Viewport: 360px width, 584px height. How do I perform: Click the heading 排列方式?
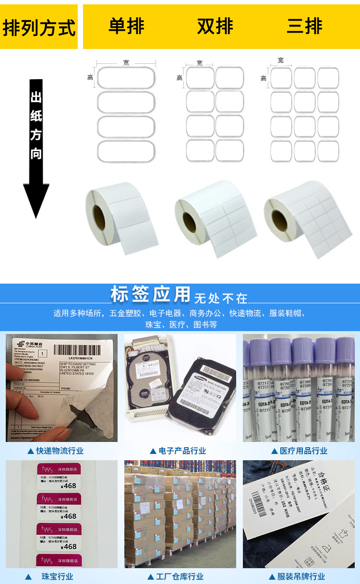tap(39, 27)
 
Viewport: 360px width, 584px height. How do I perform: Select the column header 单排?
tap(126, 26)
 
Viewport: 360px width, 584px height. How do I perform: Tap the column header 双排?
tap(215, 26)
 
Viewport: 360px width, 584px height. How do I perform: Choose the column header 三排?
tap(304, 26)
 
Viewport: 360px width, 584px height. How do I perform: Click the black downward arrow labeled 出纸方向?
tap(36, 149)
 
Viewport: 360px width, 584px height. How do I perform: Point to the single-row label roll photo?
tap(121, 216)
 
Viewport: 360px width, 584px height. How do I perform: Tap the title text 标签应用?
tap(150, 294)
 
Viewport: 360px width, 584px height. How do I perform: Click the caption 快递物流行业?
tap(60, 451)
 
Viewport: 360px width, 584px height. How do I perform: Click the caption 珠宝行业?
tap(57, 576)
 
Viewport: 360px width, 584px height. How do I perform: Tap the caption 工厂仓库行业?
tap(180, 576)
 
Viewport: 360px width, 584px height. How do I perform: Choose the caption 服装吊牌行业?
tap(301, 576)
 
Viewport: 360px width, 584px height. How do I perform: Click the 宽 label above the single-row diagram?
tap(126, 63)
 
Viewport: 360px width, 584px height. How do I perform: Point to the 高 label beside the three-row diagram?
tap(264, 78)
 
